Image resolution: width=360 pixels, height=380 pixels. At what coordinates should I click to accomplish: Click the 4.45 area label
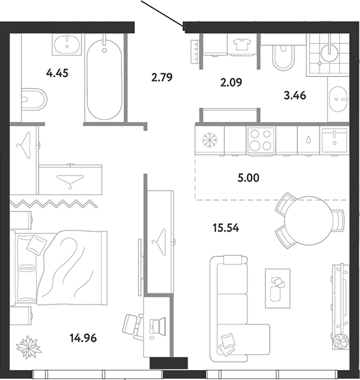[57, 73]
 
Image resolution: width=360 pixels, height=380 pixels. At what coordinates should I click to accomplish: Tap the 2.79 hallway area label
[162, 77]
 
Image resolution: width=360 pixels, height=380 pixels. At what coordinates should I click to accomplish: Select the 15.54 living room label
[225, 228]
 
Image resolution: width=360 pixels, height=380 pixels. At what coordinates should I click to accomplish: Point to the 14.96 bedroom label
[83, 338]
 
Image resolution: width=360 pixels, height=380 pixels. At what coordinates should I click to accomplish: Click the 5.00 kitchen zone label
[248, 178]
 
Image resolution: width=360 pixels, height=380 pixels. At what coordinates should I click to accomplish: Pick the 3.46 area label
[295, 95]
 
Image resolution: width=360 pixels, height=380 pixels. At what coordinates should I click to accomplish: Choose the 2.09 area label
[231, 83]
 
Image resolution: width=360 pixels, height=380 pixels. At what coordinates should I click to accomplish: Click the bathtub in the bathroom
[104, 80]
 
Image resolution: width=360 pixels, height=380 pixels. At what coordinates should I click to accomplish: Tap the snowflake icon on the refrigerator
[210, 140]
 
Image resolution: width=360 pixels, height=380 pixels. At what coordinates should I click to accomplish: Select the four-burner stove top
[261, 140]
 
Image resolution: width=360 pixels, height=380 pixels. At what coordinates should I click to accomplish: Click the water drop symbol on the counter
[308, 140]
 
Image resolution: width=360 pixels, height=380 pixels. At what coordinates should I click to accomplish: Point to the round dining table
[308, 220]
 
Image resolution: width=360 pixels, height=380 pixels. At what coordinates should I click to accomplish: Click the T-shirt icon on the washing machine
[242, 44]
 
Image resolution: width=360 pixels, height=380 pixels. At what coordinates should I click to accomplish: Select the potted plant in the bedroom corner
[29, 347]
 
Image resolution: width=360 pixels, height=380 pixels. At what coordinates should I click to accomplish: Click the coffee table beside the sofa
[277, 288]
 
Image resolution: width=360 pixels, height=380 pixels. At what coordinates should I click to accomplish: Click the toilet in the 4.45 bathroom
[34, 99]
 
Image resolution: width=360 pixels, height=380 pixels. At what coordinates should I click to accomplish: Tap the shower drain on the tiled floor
[320, 63]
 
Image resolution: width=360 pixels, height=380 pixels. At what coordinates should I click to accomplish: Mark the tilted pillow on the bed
[36, 244]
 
